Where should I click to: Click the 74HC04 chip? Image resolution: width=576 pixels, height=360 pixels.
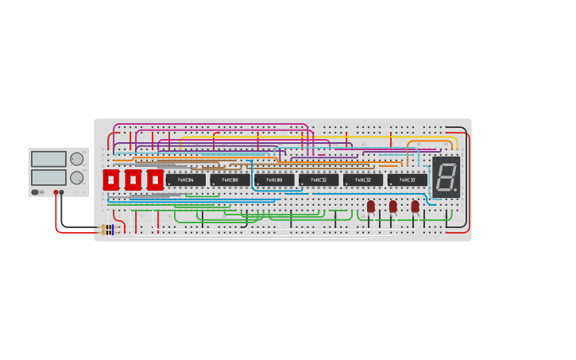coord(185,180)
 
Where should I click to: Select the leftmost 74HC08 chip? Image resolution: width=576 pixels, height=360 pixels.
coord(230,180)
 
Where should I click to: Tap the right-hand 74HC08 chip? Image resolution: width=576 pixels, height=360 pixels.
coord(274,180)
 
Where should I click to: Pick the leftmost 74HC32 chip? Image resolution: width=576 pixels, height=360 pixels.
coord(319,180)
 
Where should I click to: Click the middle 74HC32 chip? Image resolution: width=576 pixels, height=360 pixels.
coord(363,180)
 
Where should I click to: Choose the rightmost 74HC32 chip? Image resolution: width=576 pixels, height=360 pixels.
coord(408,180)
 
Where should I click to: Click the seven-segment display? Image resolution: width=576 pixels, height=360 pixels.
coord(446,177)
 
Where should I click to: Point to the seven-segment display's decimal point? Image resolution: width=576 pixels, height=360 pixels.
coord(455,190)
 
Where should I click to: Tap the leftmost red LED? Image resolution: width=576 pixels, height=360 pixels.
coord(371,206)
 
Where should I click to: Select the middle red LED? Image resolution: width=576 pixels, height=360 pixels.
coord(393,206)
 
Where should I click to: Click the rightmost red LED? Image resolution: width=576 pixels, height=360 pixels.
coord(416,206)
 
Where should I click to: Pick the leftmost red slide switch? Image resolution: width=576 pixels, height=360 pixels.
coord(110,180)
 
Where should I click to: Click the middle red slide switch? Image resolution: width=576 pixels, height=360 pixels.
coord(133,180)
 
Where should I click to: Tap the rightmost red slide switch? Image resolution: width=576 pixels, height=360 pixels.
coord(155,180)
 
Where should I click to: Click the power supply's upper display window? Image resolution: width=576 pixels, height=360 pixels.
coord(48,159)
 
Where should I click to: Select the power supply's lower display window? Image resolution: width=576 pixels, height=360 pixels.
coord(48,177)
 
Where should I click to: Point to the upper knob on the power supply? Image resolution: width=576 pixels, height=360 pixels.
coord(76,159)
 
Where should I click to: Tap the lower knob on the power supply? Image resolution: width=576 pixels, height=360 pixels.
coord(76,177)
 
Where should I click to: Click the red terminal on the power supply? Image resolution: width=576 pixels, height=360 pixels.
coord(56,192)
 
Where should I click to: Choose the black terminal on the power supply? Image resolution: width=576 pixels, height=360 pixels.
coord(62,192)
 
